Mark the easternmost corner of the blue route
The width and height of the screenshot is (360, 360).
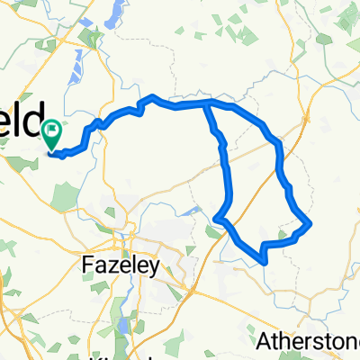310,222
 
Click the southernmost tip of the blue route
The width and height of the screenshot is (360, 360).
263,262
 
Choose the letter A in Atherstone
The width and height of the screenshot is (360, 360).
264,341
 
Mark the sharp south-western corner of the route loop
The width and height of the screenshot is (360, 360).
217,218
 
